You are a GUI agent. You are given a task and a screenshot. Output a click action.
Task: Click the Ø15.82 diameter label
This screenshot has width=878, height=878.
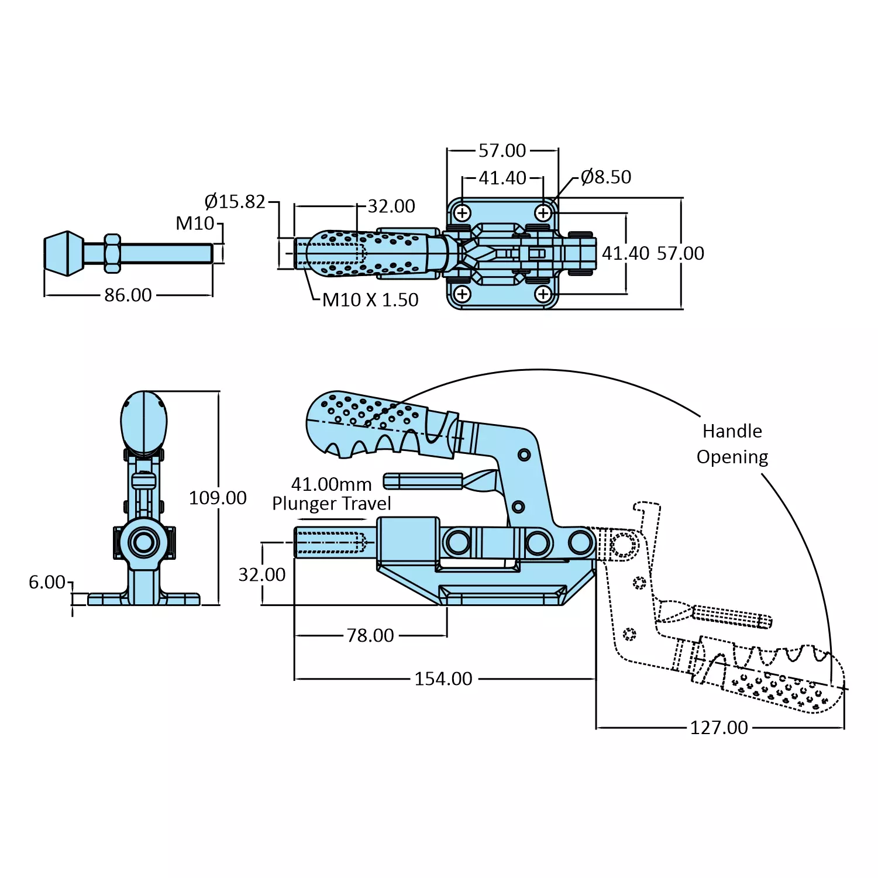(x=235, y=202)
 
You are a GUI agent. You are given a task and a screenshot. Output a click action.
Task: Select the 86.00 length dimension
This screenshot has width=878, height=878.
(x=128, y=295)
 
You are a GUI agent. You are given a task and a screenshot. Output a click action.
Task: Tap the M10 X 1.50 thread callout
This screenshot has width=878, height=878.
(x=370, y=300)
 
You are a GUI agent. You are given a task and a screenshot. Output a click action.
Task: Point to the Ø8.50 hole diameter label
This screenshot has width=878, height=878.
(x=605, y=177)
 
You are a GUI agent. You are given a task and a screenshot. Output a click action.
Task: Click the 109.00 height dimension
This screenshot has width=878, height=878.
(x=218, y=498)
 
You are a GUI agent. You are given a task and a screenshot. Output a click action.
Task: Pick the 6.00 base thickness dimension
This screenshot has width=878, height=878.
(x=47, y=582)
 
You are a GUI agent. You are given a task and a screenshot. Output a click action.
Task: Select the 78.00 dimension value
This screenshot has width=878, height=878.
(x=370, y=635)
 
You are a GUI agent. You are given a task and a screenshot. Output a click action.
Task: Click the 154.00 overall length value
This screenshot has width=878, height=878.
(x=443, y=679)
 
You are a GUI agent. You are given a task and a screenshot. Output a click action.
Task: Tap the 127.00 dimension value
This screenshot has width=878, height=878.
(x=719, y=728)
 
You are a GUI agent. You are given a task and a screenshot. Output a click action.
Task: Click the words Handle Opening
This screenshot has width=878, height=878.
(x=732, y=444)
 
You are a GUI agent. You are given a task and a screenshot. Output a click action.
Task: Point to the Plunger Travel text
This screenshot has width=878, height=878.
(x=332, y=504)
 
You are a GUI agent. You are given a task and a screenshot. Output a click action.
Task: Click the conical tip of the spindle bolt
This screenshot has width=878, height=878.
(x=63, y=253)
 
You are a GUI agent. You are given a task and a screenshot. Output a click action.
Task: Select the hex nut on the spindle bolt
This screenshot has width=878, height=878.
(x=112, y=253)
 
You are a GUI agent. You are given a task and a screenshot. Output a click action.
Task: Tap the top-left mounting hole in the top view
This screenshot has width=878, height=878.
(x=462, y=213)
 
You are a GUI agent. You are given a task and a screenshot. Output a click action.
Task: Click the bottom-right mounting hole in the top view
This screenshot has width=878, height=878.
(x=543, y=294)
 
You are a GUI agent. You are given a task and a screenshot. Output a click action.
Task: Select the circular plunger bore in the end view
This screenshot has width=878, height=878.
(x=143, y=542)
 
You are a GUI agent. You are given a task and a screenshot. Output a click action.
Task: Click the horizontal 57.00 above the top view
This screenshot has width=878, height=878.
(x=502, y=151)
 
